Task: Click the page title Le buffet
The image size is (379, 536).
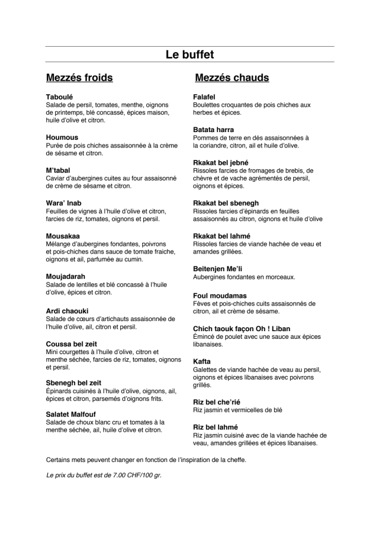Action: [189, 55]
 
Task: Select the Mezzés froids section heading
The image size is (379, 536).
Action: [79, 78]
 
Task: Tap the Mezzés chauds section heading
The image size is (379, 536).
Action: [232, 78]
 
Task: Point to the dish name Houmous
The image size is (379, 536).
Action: [62, 137]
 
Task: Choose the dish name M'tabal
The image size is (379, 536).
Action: [58, 170]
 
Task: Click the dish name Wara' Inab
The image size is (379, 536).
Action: [64, 203]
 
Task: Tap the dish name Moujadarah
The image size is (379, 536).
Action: [66, 276]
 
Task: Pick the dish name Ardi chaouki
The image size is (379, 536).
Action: [67, 310]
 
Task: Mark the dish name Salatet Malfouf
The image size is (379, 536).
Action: [70, 413]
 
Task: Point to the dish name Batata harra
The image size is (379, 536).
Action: [213, 130]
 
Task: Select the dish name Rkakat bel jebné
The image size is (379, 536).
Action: [221, 162]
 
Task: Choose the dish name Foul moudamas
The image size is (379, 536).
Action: [220, 296]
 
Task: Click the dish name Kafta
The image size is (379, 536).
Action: [202, 361]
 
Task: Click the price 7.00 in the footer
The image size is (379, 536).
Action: [118, 476]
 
